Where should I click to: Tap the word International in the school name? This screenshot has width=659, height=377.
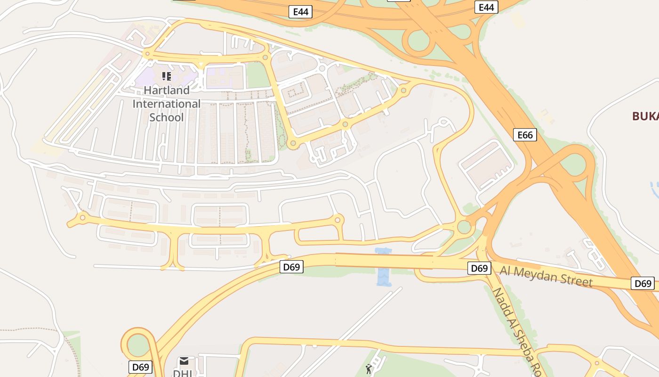click(x=167, y=104)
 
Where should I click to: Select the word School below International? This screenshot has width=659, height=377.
click(x=167, y=117)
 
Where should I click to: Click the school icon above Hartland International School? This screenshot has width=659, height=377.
click(x=166, y=76)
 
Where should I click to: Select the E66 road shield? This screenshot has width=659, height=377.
click(x=525, y=135)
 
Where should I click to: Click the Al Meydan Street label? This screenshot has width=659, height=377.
click(x=546, y=276)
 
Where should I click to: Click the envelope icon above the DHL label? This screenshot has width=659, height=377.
click(x=184, y=361)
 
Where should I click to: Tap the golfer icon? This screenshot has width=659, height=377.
click(x=369, y=369)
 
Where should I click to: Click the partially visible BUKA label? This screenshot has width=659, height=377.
click(x=645, y=116)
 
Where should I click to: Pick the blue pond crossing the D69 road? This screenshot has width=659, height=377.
click(x=384, y=267)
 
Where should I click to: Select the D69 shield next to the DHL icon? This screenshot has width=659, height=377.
click(x=140, y=367)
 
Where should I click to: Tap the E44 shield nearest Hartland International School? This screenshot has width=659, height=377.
click(x=300, y=12)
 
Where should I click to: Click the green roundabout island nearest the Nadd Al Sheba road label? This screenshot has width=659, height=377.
click(x=464, y=227)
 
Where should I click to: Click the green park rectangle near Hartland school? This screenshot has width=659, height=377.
click(x=258, y=75)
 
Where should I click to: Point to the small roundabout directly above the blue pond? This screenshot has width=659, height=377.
click(x=338, y=220)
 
